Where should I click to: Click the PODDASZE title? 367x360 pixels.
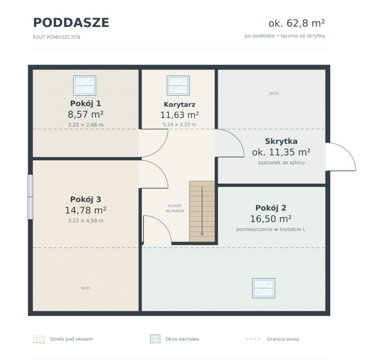coord(71,23)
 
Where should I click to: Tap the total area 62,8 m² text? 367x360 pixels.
coord(297,23)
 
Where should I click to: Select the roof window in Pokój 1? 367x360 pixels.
coord(85,86)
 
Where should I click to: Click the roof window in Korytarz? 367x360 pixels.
coord(178,86)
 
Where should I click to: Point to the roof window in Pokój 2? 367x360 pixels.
coord(263,288)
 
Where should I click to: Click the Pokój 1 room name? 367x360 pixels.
coord(86,103)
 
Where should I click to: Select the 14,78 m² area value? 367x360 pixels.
coord(86,210)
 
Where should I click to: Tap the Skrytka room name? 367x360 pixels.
coord(281,141)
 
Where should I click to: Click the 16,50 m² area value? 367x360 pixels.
coord(271,219)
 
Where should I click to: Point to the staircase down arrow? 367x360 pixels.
coord(202,211)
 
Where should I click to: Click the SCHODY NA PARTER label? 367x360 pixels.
coord(175,208)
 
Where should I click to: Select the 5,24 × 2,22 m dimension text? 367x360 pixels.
coord(179,125)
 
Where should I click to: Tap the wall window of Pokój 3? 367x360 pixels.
coord(30,197)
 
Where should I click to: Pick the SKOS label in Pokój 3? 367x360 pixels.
coord(86,288)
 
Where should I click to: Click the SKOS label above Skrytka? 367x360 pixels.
coord(274,93)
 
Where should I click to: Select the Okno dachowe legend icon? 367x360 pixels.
coord(155,339)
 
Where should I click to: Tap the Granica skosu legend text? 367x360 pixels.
coord(283,339)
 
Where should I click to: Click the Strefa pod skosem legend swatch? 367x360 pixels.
coord(39,339)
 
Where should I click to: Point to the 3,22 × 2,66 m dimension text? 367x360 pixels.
coord(86,125)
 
